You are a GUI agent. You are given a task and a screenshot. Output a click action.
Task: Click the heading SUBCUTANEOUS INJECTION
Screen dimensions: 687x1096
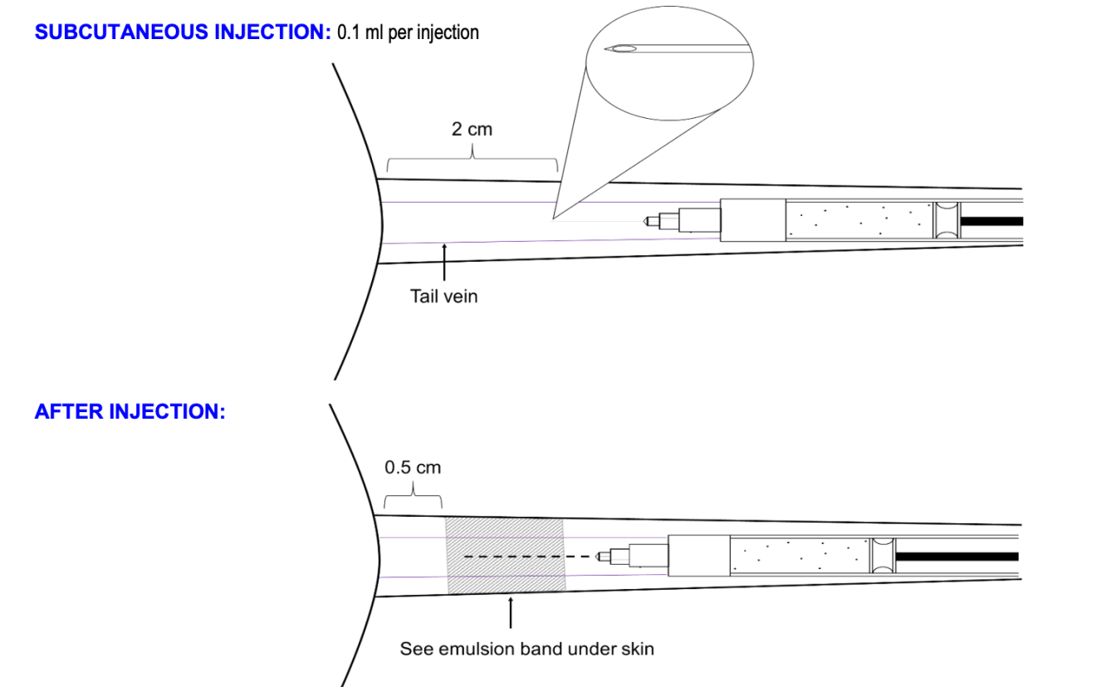(x=183, y=33)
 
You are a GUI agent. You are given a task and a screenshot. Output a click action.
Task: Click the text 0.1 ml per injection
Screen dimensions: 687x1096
(x=408, y=33)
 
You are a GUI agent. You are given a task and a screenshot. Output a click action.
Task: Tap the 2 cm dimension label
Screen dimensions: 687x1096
(x=472, y=130)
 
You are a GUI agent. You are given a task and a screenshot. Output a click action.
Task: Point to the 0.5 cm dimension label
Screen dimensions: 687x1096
(x=413, y=467)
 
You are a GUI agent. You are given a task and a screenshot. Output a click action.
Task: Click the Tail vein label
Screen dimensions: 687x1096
(x=444, y=296)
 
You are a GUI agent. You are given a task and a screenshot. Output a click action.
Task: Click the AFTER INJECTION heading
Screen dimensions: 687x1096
(x=130, y=412)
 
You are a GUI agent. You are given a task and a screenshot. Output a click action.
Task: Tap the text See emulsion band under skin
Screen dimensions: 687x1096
(x=526, y=648)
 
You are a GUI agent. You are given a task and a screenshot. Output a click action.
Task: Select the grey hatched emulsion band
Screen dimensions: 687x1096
(x=506, y=555)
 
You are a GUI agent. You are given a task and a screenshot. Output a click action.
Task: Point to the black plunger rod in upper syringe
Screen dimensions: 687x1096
(x=991, y=222)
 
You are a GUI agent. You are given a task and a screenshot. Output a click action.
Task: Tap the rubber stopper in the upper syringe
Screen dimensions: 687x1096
(x=946, y=221)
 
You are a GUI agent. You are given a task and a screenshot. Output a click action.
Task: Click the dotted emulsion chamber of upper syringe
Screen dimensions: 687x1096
(x=859, y=220)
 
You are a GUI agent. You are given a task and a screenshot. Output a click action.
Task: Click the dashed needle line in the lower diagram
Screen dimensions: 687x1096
(x=531, y=556)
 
